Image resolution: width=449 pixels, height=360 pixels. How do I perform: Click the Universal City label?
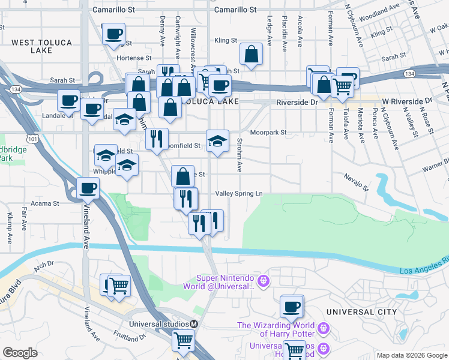click(x=362, y=312)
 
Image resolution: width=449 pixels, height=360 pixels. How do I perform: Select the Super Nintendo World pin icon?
click(x=262, y=280)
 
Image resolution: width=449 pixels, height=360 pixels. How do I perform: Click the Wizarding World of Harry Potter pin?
click(x=324, y=328)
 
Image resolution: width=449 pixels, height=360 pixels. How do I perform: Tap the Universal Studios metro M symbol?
click(x=194, y=324)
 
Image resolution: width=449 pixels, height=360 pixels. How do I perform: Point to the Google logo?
click(x=20, y=353)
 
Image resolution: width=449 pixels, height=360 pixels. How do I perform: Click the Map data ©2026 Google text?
click(x=412, y=355)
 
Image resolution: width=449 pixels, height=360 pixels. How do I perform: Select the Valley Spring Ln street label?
click(x=239, y=194)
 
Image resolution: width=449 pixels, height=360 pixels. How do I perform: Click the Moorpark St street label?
click(x=268, y=132)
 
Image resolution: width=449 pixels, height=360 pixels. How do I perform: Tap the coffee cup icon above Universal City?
click(x=292, y=307)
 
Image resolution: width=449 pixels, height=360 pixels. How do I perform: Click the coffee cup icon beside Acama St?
click(x=88, y=188)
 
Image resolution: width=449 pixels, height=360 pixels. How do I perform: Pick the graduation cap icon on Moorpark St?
click(x=217, y=142)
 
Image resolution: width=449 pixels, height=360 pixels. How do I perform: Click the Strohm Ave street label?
click(x=239, y=155)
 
